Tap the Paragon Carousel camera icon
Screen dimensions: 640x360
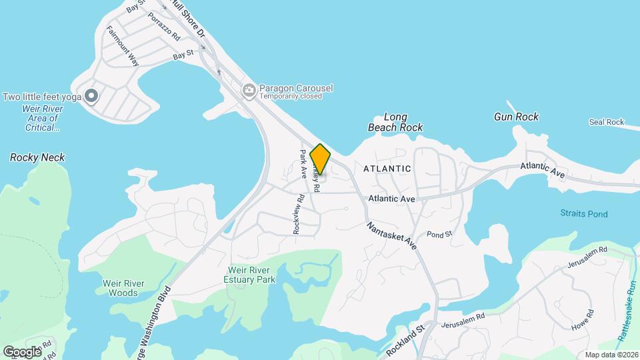tap(249, 89)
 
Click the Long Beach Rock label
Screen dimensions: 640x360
tap(395, 122)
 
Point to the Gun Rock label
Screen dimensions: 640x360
tap(516, 117)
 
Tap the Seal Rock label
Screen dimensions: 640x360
tap(606, 122)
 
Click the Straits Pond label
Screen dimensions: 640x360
tap(583, 214)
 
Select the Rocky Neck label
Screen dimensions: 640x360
tap(37, 158)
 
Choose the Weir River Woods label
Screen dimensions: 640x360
tap(121, 288)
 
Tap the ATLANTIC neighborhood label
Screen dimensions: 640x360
tap(387, 169)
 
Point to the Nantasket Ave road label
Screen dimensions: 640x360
tap(391, 236)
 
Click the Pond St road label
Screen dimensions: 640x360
tap(439, 235)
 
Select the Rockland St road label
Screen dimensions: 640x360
tap(405, 339)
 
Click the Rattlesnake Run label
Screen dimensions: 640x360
tap(627, 311)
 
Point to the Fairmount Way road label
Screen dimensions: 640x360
tap(122, 47)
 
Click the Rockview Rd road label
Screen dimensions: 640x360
tap(297, 213)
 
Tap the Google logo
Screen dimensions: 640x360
tap(22, 351)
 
